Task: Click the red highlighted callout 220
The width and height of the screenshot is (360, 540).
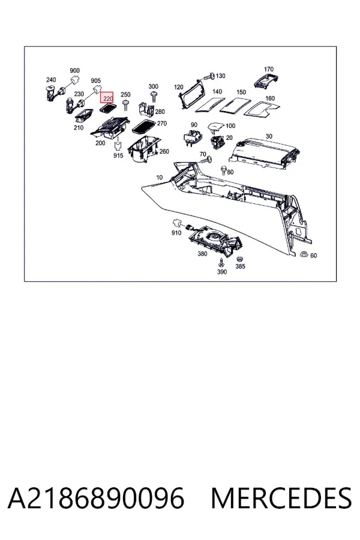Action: pos(107,98)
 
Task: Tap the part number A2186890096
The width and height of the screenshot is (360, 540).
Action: pos(96,499)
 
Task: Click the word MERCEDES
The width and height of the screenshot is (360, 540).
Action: pos(281,499)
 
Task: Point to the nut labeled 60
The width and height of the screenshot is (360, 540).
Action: pos(304,254)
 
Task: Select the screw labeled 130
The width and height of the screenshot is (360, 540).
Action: pos(208,76)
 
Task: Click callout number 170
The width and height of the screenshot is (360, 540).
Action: pos(269,69)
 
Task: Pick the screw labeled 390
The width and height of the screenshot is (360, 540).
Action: pos(221,262)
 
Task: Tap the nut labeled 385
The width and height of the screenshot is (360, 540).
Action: pos(238,259)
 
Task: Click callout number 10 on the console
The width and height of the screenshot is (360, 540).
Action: pos(159,178)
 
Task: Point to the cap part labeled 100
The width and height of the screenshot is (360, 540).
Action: pos(216,127)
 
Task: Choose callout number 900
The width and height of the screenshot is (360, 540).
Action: pos(75,71)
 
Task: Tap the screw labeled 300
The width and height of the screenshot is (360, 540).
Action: pos(154,96)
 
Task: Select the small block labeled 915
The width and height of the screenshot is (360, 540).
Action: pos(118,146)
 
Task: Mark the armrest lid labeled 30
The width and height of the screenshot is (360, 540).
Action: pos(264,152)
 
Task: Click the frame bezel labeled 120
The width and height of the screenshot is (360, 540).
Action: pos(191,95)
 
